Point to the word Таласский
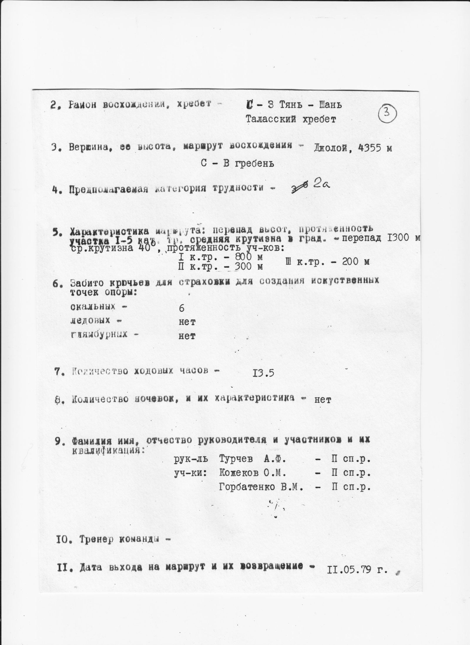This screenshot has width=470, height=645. tap(273, 119)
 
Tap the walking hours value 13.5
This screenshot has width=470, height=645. tap(263, 373)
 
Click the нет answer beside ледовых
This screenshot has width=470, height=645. tap(187, 322)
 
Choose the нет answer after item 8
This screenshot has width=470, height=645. tap(323, 400)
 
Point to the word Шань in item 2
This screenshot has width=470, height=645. tap(330, 105)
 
